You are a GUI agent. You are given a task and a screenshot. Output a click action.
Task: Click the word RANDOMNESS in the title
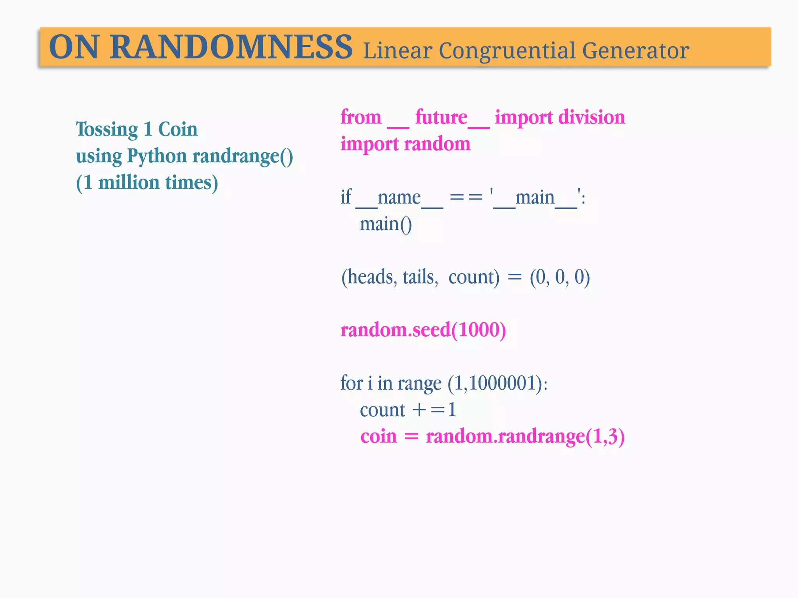[231, 47]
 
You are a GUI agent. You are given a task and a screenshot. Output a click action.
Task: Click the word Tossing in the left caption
[107, 129]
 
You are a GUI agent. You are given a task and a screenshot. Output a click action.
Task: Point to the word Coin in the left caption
[178, 129]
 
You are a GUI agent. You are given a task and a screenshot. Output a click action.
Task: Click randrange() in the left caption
[242, 156]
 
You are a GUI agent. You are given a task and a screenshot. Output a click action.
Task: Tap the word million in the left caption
[129, 183]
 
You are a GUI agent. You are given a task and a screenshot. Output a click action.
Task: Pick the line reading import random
[405, 144]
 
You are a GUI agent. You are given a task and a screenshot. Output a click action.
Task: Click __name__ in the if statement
[399, 198]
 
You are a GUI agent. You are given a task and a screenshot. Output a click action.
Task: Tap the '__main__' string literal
[535, 198]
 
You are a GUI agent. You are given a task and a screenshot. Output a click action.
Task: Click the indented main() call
[385, 224]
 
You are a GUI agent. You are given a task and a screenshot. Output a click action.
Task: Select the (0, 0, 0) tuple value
[560, 277]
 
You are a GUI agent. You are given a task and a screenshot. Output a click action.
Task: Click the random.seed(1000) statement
[423, 330]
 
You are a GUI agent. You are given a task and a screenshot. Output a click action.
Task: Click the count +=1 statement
[408, 410]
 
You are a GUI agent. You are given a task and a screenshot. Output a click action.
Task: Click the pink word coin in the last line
[378, 436]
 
